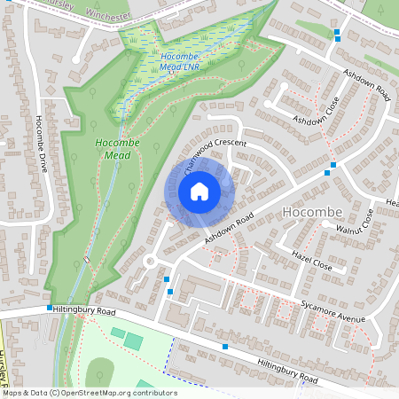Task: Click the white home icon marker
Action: (x=199, y=192)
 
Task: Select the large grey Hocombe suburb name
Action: (x=309, y=212)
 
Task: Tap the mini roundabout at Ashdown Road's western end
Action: (x=151, y=262)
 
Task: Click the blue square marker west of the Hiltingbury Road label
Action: (x=50, y=307)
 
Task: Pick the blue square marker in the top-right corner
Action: (x=338, y=35)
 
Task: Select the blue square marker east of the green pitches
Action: (x=226, y=346)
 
